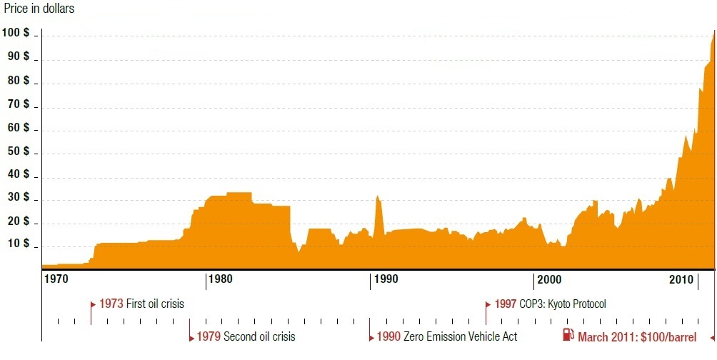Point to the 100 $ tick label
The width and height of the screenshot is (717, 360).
point(16,33)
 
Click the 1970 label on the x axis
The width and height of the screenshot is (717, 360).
point(56,278)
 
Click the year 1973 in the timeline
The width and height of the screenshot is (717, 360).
point(111,304)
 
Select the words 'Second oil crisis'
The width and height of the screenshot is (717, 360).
point(259,336)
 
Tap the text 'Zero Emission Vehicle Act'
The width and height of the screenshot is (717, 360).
point(460,336)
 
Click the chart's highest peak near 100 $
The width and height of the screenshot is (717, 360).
point(713,32)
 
